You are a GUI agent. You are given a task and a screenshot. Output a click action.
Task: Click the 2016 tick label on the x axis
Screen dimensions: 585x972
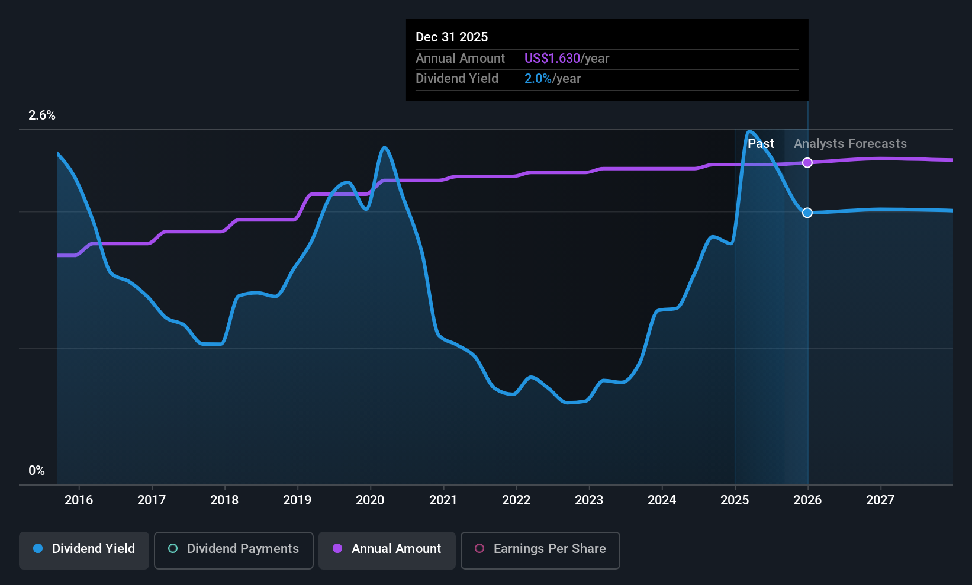pyautogui.click(x=79, y=500)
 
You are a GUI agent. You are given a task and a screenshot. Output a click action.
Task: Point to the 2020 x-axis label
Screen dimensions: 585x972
pyautogui.click(x=370, y=500)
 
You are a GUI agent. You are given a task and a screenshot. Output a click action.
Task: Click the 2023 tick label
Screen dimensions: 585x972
pyautogui.click(x=589, y=500)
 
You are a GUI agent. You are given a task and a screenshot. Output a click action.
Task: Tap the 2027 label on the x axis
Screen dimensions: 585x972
pyautogui.click(x=880, y=500)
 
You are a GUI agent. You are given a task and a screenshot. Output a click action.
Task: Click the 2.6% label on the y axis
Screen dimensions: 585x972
pyautogui.click(x=42, y=115)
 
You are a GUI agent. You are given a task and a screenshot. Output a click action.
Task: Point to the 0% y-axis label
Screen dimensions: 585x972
pyautogui.click(x=37, y=471)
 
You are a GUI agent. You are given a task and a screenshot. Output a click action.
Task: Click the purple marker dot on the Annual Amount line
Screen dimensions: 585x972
pyautogui.click(x=807, y=163)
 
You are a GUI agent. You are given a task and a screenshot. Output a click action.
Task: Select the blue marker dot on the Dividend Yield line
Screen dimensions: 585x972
pyautogui.click(x=807, y=213)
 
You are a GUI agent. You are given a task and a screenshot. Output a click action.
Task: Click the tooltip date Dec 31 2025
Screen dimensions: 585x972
pyautogui.click(x=452, y=37)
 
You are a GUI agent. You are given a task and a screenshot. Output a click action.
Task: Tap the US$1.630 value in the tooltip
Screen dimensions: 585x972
pyautogui.click(x=552, y=59)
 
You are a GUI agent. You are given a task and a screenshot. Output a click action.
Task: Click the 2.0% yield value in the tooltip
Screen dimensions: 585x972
pyautogui.click(x=538, y=79)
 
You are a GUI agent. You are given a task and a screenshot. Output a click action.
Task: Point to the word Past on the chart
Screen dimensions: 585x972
pyautogui.click(x=761, y=144)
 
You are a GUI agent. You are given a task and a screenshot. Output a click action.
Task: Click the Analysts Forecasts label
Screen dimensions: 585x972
pyautogui.click(x=850, y=144)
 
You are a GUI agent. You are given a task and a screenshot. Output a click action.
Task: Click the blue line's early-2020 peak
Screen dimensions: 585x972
pyautogui.click(x=385, y=147)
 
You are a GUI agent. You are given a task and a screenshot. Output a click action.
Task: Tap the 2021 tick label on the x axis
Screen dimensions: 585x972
pyautogui.click(x=443, y=500)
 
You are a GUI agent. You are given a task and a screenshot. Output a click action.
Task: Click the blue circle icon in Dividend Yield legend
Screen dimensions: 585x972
pyautogui.click(x=38, y=549)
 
